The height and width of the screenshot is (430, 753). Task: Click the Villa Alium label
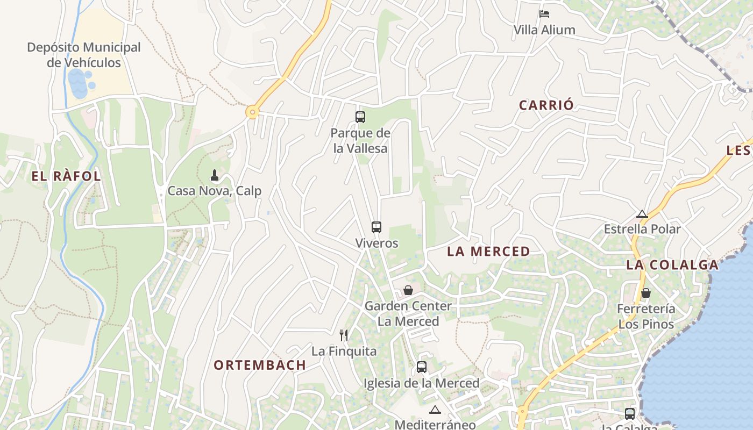tap(544, 30)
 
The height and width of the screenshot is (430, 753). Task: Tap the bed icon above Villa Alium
tap(544, 13)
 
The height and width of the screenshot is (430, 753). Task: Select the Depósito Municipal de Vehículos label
tap(84, 55)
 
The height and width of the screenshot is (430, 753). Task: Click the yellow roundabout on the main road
tap(252, 112)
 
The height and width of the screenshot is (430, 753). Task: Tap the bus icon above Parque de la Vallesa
tap(360, 117)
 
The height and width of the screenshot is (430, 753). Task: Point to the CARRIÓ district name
tap(546, 105)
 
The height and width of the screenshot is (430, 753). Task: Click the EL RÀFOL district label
tap(66, 176)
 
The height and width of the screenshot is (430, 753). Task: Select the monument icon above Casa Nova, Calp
tap(215, 175)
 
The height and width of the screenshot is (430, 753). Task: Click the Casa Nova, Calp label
tap(215, 191)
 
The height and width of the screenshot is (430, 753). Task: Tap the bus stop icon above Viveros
tap(376, 227)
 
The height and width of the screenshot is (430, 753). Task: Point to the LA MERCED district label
tap(488, 251)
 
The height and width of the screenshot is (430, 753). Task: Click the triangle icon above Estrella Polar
tap(642, 214)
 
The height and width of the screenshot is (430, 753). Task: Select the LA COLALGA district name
tap(672, 264)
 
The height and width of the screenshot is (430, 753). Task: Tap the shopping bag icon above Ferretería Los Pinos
tap(646, 293)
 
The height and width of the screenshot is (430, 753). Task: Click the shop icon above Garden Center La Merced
tap(408, 290)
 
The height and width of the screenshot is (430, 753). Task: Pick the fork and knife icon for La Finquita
tap(344, 335)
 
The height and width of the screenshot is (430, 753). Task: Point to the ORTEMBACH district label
tap(260, 365)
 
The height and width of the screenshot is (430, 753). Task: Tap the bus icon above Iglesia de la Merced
tap(422, 367)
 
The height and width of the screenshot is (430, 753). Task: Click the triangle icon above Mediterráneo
tap(435, 410)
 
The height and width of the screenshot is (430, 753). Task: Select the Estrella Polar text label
tap(642, 230)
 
